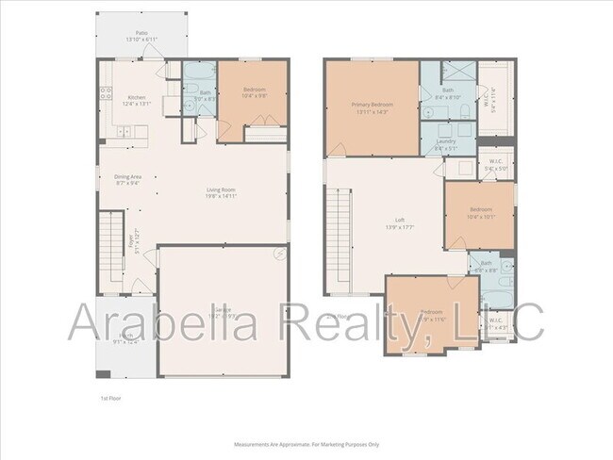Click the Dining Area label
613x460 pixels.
pyautogui.click(x=128, y=176)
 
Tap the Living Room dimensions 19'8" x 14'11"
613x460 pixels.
pyautogui.click(x=221, y=198)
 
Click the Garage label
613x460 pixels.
pyautogui.click(x=223, y=310)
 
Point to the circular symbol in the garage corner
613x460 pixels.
pyautogui.click(x=279, y=255)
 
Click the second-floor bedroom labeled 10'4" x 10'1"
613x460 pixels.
pyautogui.click(x=479, y=212)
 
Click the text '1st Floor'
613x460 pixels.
pyautogui.click(x=111, y=398)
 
